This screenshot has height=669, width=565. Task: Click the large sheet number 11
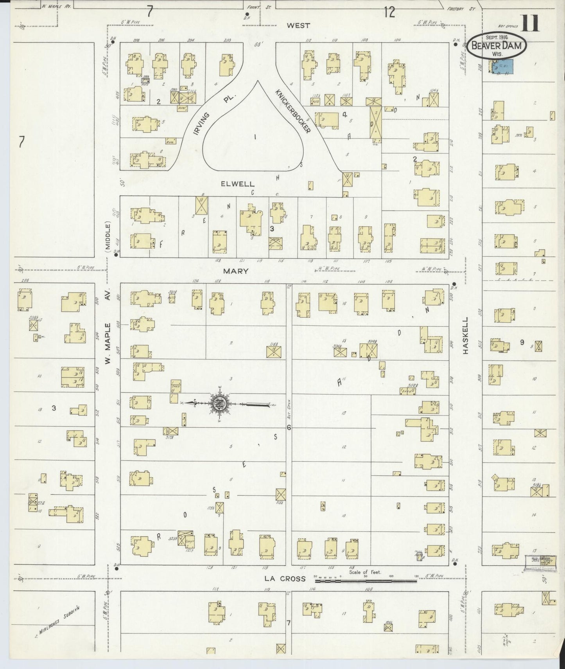click(x=531, y=23)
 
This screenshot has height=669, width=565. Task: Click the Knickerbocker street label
click(x=292, y=111)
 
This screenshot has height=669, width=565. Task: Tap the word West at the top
click(x=298, y=25)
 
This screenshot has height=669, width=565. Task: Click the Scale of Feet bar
click(x=366, y=581)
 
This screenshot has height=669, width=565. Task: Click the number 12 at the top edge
click(x=389, y=13)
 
